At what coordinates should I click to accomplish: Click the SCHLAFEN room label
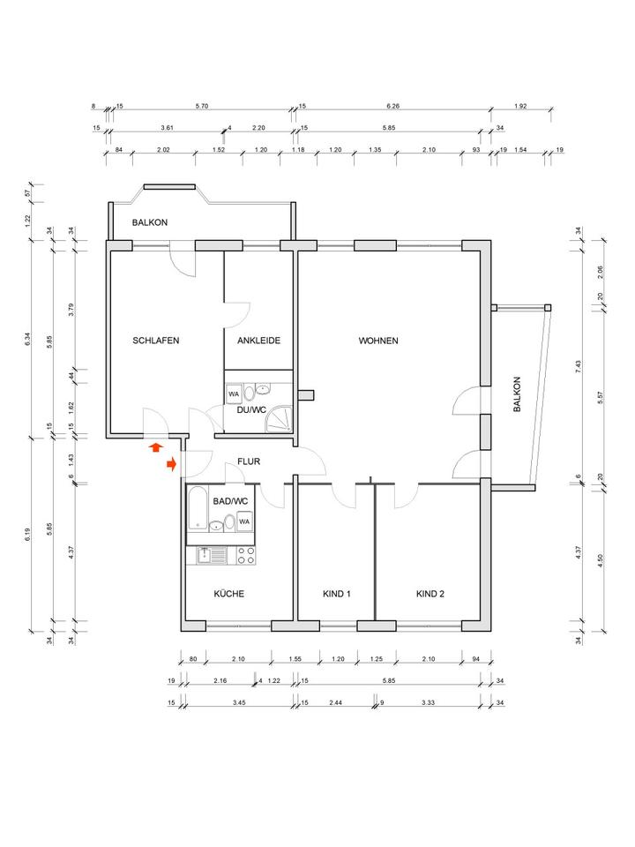coord(156,341)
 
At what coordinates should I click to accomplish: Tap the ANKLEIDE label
coord(258,341)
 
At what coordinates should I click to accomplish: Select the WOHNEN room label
coord(378,341)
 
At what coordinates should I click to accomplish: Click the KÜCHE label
coord(228,594)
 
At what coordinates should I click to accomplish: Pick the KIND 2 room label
coord(430,594)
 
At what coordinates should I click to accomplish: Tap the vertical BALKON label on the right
coord(518,396)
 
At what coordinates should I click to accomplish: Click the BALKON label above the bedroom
coord(150,222)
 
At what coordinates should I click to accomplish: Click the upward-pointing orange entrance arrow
coord(156,448)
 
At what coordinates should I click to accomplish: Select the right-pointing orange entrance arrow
coord(172,463)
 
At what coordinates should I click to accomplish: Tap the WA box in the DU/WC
coord(235,394)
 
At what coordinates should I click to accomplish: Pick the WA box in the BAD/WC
coord(244,521)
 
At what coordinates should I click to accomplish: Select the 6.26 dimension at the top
coord(392,107)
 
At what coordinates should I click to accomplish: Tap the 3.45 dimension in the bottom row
coord(238,703)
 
